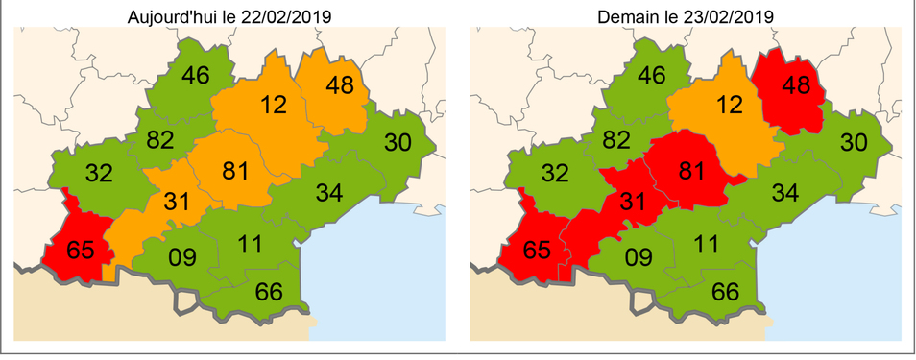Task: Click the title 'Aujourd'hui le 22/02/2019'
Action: (x=229, y=17)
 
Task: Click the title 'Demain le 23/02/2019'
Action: (x=686, y=17)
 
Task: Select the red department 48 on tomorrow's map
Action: (x=796, y=85)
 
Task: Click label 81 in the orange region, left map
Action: (x=236, y=171)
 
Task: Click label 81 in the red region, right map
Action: (x=692, y=171)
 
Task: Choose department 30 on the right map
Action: (x=855, y=143)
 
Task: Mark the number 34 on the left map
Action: (x=329, y=193)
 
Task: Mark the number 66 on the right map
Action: (x=725, y=292)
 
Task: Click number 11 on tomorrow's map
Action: (x=706, y=243)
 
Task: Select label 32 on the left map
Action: (x=99, y=175)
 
